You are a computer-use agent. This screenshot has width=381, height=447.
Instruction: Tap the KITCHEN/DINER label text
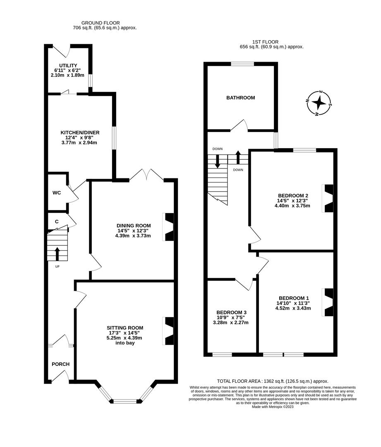click(79, 132)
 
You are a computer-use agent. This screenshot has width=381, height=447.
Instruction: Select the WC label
click(57, 193)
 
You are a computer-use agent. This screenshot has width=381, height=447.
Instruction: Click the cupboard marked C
click(57, 221)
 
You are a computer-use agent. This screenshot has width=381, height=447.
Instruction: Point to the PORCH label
click(60, 364)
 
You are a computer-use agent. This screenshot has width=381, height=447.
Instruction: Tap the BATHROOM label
click(240, 98)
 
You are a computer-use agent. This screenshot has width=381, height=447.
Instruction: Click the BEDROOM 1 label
click(294, 298)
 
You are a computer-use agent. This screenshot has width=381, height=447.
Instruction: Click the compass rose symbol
click(319, 103)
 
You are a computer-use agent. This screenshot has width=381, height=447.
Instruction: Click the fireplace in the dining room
click(169, 227)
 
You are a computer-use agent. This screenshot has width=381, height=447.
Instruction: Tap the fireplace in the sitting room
click(169, 331)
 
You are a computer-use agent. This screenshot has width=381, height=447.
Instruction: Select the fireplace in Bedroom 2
click(328, 198)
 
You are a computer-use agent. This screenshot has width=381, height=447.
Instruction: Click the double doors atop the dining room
click(147, 175)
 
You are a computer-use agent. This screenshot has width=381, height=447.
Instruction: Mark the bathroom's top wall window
click(242, 64)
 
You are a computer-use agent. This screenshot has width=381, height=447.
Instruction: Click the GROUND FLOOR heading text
click(101, 23)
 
